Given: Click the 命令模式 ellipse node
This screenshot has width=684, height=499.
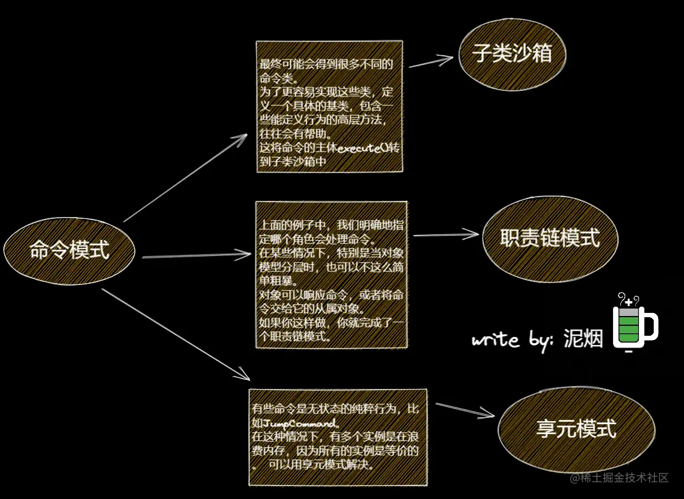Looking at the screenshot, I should click(x=70, y=250).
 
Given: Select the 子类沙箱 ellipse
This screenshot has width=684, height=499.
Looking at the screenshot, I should click(x=512, y=55).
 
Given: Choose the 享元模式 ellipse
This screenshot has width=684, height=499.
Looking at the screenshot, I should click(x=576, y=429).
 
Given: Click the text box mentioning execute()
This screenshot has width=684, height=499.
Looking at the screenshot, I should click(x=329, y=106).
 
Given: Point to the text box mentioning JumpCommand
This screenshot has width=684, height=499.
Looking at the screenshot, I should click(x=337, y=437).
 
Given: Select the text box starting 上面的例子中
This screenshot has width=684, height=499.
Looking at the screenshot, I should click(x=331, y=275).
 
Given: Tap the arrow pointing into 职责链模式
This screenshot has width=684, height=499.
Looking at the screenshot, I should click(x=445, y=234).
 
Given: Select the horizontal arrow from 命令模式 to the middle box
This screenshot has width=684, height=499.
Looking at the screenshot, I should click(x=195, y=255).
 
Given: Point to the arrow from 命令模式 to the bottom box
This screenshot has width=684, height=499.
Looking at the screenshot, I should click(x=175, y=334).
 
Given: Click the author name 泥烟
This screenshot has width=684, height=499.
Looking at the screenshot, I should click(x=583, y=339).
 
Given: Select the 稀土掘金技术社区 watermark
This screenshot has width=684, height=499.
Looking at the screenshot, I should click(x=620, y=478).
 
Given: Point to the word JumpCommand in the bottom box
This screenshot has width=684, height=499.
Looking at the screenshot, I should click(x=301, y=424).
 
